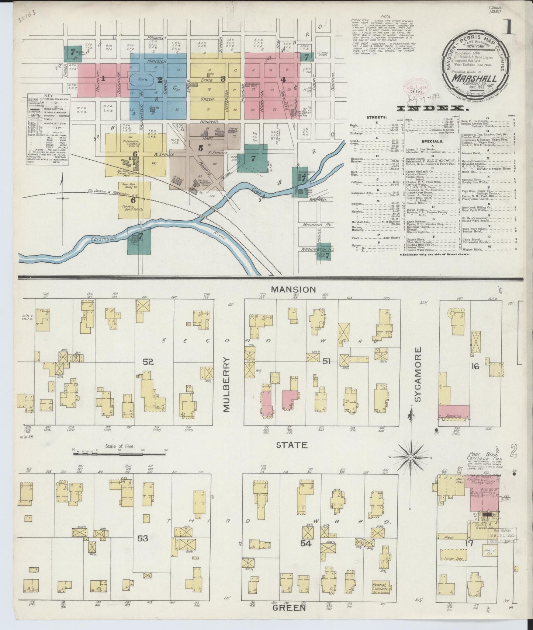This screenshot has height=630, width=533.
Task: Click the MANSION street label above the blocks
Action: (293, 290)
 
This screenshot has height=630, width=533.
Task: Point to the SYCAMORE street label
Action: (418, 374)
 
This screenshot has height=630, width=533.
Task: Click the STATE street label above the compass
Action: (292, 445)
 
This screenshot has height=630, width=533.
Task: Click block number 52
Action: (148, 362)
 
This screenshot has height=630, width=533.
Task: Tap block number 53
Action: (143, 538)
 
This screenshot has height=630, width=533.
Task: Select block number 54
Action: (306, 543)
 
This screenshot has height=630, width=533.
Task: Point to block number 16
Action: (475, 366)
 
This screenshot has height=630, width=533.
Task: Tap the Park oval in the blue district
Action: (140, 79)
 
